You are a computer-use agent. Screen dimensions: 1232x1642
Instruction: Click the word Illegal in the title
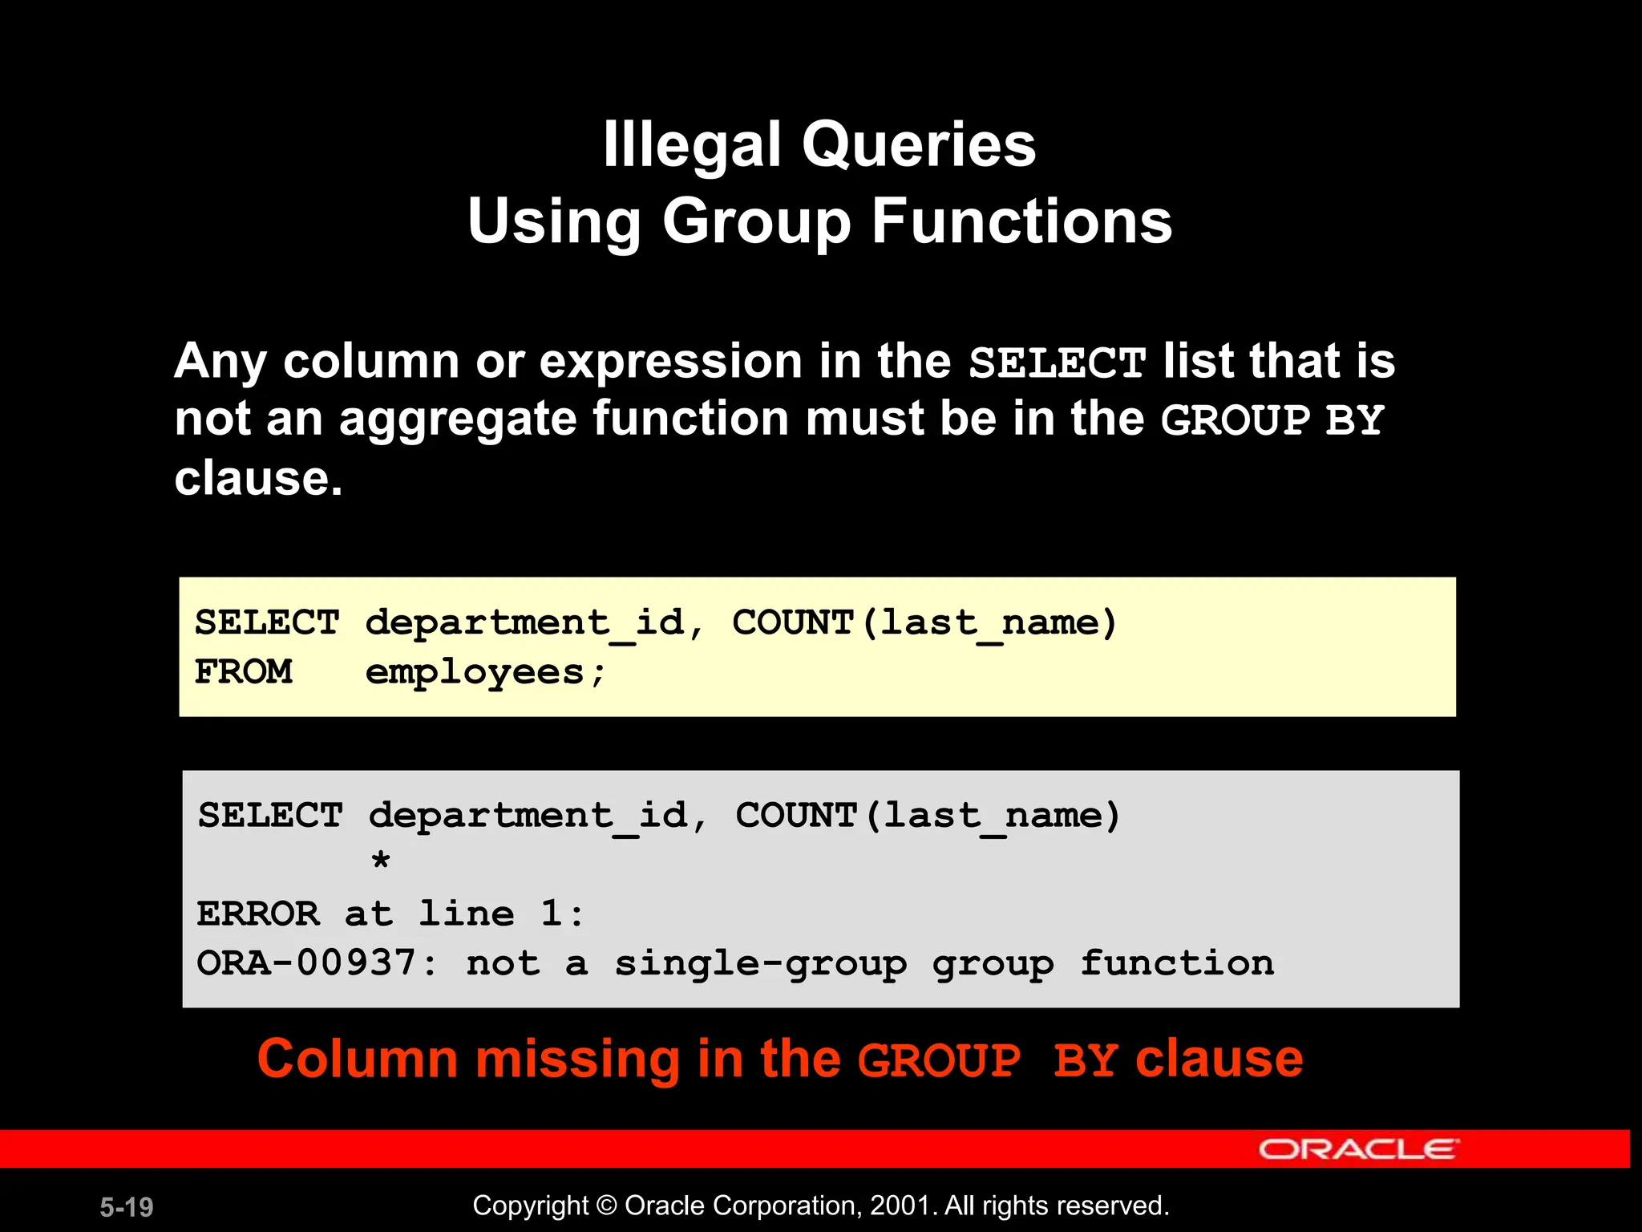(692, 145)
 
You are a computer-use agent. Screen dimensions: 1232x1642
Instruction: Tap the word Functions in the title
(1021, 221)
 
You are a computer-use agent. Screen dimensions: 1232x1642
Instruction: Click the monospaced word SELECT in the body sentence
(1057, 363)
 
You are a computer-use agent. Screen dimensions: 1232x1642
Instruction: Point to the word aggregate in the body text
(457, 419)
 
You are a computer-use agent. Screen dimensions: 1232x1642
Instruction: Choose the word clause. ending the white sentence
(258, 479)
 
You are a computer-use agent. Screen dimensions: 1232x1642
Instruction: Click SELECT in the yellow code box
(267, 623)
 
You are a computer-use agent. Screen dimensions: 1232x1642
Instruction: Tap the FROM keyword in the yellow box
(244, 672)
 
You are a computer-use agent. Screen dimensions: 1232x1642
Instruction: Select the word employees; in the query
(485, 672)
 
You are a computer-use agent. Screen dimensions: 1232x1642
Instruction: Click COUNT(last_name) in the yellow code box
(924, 623)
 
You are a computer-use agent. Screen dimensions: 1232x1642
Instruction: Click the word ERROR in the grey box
(258, 914)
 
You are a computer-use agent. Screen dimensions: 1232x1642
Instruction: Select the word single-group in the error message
(761, 963)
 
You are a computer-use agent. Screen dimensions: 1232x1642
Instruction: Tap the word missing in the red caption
(576, 1059)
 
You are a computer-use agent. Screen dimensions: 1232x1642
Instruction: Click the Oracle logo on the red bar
(1358, 1149)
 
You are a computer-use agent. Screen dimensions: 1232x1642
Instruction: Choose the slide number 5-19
(127, 1207)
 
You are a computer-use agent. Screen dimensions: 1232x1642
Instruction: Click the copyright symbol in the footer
(607, 1206)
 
